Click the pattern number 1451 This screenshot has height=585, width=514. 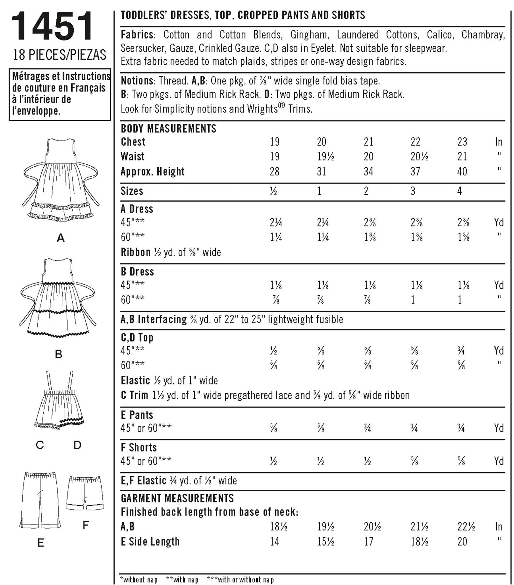point(53,26)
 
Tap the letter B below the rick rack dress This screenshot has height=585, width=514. point(59,354)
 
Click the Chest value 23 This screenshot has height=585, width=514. point(462,141)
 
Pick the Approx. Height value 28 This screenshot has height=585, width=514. point(274,171)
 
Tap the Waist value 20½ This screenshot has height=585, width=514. point(419,156)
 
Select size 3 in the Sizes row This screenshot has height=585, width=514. point(413,191)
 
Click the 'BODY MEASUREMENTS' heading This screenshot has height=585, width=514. point(168,128)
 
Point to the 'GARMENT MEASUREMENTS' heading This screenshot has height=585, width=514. point(177,498)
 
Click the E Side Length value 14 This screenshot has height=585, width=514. point(274,541)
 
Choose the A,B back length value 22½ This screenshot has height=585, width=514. point(466,526)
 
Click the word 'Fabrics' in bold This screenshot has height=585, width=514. point(137,34)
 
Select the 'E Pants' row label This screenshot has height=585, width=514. point(137,415)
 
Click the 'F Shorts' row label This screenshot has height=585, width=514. point(139,447)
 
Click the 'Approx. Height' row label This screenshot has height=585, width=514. point(153,171)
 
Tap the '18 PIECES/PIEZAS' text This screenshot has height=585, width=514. point(59,55)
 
